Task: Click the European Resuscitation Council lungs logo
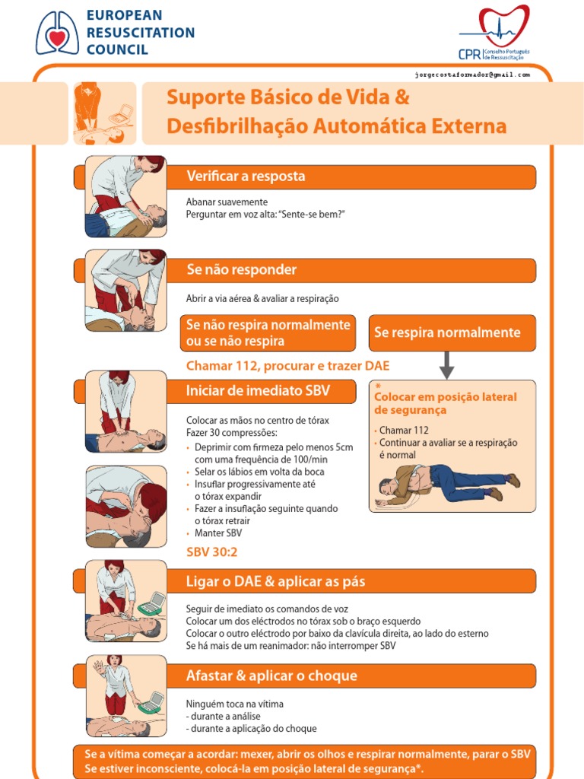point(57,33)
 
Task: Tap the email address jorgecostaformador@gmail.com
point(472,75)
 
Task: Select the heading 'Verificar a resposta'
point(246,176)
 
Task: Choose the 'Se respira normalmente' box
point(452,332)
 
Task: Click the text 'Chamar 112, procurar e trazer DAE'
point(287,366)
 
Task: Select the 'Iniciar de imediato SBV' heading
point(258,391)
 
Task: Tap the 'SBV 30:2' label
point(212,552)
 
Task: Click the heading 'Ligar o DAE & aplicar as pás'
point(275,581)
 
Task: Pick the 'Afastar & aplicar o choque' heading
point(271,676)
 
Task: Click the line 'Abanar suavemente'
point(227,202)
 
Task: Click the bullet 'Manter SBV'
point(218,533)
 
